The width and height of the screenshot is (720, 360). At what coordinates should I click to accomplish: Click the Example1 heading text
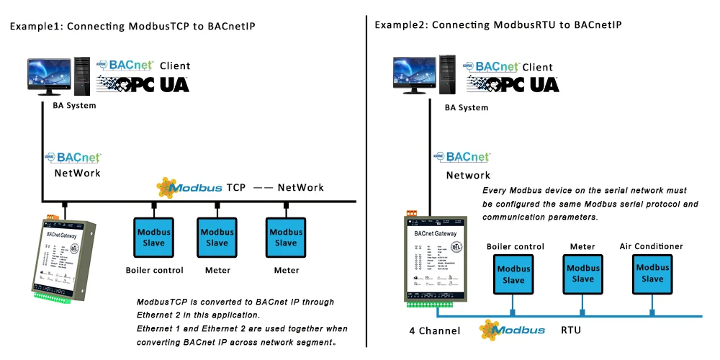pyautogui.click(x=132, y=26)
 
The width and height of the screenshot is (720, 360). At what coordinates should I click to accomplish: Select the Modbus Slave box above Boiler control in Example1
pyautogui.click(x=153, y=237)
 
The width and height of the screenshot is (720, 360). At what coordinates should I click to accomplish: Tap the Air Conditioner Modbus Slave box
pyautogui.click(x=652, y=273)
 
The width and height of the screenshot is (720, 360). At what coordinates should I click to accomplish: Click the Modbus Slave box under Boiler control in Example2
pyautogui.click(x=513, y=274)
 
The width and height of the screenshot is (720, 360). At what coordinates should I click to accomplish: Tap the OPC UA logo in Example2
pyautogui.click(x=513, y=84)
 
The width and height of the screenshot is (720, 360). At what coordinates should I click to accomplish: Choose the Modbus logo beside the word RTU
pyautogui.click(x=512, y=330)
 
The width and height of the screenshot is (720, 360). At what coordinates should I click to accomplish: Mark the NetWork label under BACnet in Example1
pyautogui.click(x=77, y=173)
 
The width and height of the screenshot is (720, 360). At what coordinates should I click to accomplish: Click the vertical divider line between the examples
pyautogui.click(x=366, y=180)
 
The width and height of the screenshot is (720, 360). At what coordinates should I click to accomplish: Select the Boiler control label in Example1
pyautogui.click(x=154, y=271)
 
